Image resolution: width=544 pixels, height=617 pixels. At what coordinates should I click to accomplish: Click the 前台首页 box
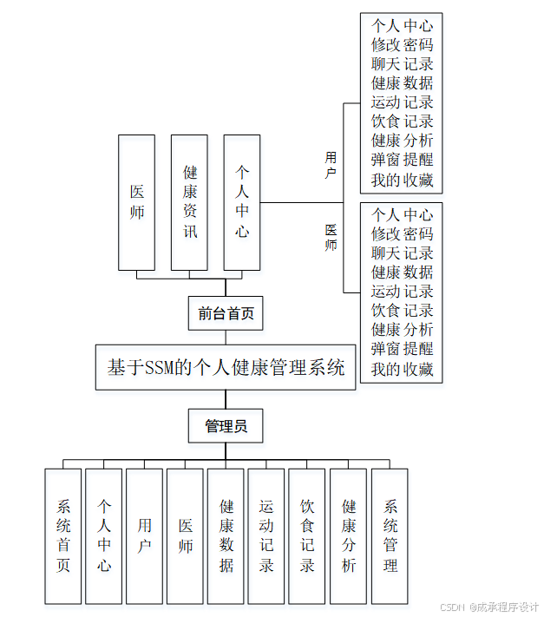226,313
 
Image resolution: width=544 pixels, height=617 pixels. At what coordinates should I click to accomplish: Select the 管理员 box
226,426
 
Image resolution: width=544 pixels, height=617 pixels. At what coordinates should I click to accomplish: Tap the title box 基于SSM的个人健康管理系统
226,367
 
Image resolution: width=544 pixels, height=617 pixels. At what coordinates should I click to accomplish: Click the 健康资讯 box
189,202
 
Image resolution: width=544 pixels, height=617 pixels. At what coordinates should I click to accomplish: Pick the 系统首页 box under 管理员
63,535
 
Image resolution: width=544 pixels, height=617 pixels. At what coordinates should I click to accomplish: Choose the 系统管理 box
390,535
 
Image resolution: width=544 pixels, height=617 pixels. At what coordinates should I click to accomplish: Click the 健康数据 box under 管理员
226,535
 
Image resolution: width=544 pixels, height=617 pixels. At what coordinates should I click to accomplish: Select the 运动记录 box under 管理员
266,535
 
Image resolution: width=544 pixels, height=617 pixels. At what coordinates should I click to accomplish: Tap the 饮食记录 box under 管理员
307,535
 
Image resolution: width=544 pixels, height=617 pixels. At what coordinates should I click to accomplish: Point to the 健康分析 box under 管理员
348,535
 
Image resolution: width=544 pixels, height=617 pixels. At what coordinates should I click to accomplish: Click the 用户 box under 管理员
144,535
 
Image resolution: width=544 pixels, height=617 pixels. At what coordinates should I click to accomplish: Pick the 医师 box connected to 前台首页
137,202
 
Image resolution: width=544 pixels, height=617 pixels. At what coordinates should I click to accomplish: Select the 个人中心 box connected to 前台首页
242,202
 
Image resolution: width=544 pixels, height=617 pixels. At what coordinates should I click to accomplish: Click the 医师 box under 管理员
185,535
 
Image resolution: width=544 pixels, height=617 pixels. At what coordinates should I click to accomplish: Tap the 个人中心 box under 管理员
104,535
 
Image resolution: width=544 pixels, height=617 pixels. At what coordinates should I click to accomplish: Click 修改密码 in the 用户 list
402,45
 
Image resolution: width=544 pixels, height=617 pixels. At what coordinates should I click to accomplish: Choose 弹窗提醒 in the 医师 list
402,349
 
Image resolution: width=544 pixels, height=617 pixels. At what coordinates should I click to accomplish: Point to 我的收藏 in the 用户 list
402,181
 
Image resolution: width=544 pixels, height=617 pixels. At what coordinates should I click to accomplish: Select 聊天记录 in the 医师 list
402,253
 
